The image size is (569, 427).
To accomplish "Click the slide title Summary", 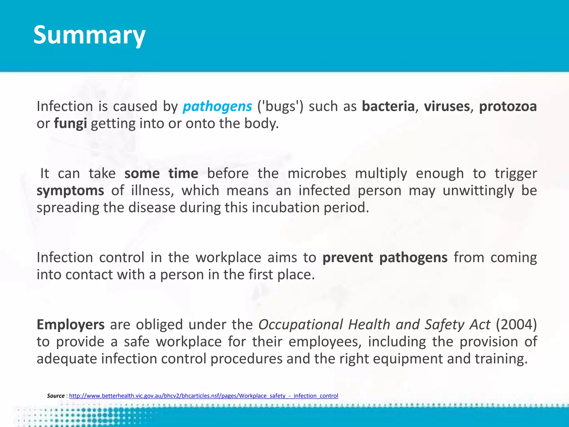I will tap(89, 35).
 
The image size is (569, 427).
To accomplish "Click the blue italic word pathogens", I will tap(217, 106).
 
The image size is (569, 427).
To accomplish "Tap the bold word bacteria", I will tap(388, 106).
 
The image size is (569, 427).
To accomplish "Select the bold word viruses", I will tap(447, 106).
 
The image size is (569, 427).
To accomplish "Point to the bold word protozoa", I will tap(508, 106).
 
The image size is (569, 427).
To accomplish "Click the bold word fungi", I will tap(70, 124).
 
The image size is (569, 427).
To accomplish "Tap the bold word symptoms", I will tap(70, 191).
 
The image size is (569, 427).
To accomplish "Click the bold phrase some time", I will tap(161, 174).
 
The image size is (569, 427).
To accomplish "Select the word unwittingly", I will tap(478, 191).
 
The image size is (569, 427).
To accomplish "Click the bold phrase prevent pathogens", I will tap(385, 258).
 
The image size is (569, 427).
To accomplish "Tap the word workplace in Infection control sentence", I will tap(228, 258).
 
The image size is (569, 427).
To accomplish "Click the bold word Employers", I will tap(71, 325).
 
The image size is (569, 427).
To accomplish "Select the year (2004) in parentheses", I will tap(516, 325).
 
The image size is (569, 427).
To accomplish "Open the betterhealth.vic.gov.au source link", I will tap(203, 396).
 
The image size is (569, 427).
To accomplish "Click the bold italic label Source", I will tap(56, 396).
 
